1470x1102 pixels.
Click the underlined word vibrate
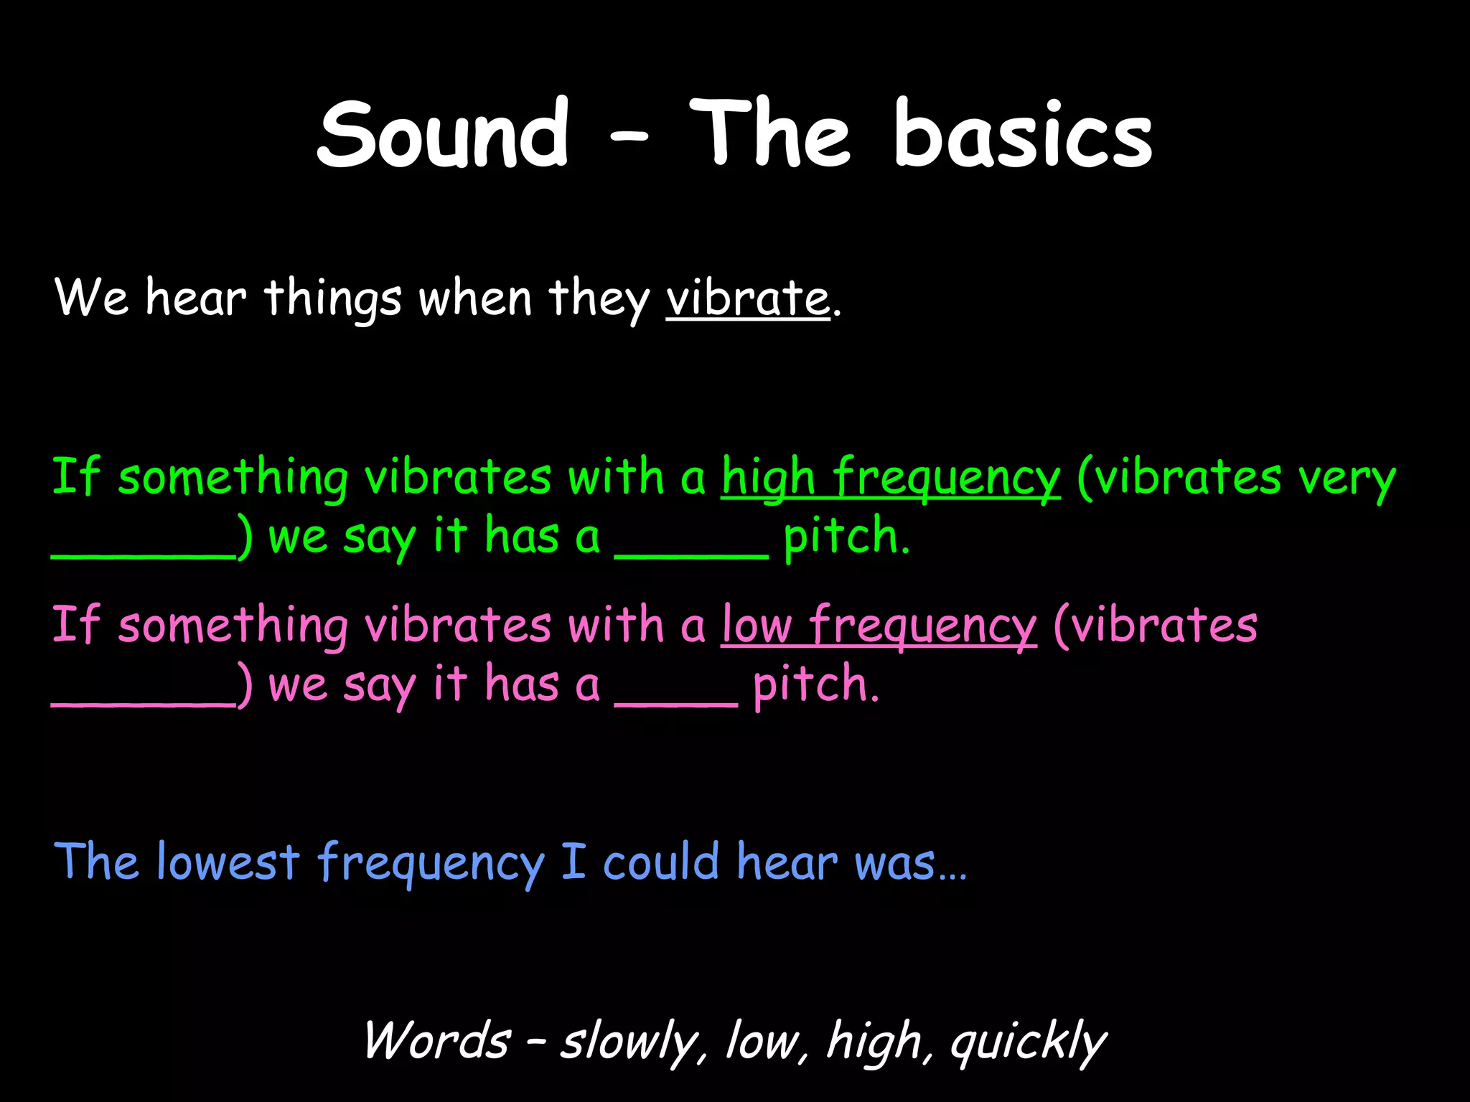pos(747,298)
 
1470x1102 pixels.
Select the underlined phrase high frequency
pos(890,477)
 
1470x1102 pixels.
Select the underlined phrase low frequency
pos(879,625)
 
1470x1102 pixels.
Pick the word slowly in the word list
pos(629,1042)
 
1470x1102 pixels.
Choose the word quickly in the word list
pos(1028,1042)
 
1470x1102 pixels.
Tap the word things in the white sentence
pos(332,298)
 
